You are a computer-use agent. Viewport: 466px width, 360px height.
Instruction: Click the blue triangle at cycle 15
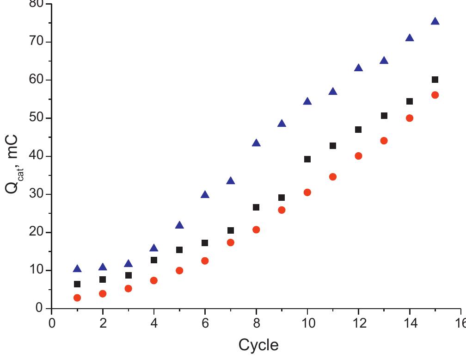coord(435,21)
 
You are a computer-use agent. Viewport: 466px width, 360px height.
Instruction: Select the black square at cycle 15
coord(435,80)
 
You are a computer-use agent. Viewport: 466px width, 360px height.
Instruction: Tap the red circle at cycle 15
coord(435,95)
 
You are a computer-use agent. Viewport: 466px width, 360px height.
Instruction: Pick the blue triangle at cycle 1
coord(77,269)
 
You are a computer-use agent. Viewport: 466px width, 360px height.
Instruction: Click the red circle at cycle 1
coord(77,298)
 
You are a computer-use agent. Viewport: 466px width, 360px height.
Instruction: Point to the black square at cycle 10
coord(307,159)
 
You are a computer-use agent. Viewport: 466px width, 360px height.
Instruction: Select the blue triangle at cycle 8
coord(256,143)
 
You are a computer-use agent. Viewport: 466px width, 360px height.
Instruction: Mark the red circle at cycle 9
coord(282,210)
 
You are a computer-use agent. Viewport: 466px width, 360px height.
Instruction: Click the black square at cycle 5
coord(179,250)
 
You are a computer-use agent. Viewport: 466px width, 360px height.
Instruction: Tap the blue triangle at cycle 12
coord(358,68)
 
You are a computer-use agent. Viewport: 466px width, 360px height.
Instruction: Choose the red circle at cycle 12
coord(358,156)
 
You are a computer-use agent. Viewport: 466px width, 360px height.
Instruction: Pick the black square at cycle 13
coord(384,116)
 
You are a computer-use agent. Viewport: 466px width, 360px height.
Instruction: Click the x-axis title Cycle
coord(258,345)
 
